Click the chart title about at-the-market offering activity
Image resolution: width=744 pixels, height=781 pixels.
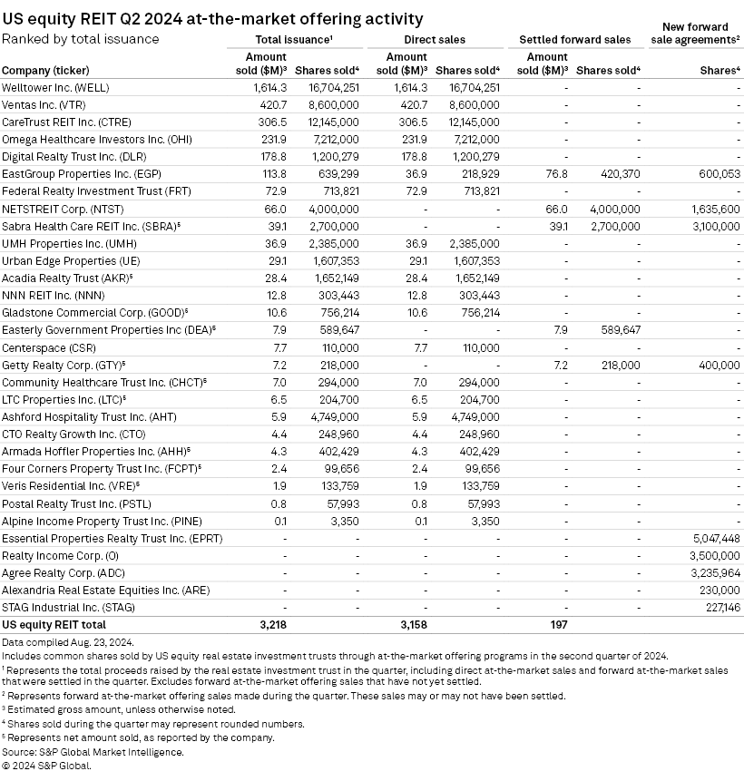click(x=211, y=19)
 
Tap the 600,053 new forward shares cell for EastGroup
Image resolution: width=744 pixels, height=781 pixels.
click(x=715, y=173)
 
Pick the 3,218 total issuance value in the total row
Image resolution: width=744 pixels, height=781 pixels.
click(x=274, y=625)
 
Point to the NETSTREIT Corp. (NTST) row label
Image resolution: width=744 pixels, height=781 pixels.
click(x=55, y=209)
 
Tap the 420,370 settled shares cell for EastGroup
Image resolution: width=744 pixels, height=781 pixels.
click(x=615, y=173)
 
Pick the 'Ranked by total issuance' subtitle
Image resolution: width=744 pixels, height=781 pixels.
click(x=81, y=39)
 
